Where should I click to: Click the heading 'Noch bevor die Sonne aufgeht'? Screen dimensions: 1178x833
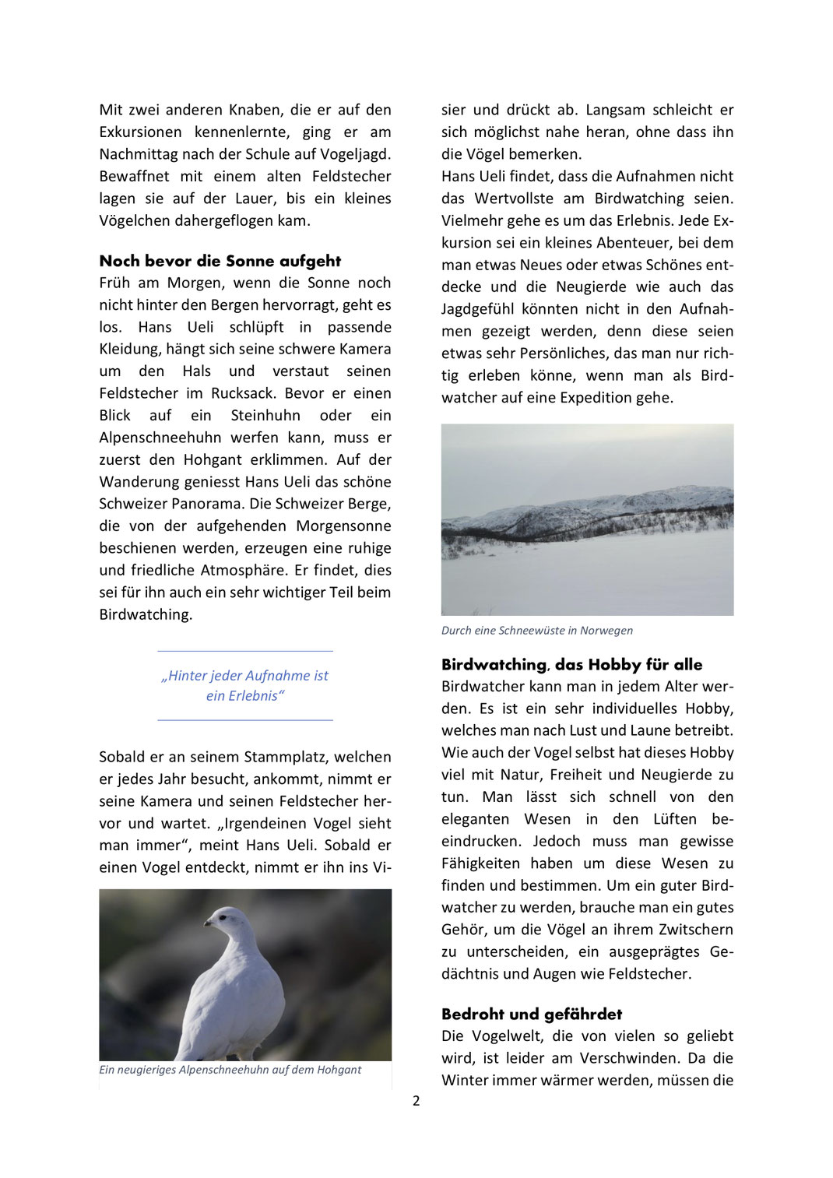(220, 261)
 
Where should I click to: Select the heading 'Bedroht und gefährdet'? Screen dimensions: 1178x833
(531, 1014)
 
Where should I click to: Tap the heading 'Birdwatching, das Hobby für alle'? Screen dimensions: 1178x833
(571, 664)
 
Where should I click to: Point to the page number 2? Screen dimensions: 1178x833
(416, 1100)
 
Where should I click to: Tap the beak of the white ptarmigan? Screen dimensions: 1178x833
(207, 923)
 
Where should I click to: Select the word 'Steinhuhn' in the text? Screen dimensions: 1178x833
(267, 415)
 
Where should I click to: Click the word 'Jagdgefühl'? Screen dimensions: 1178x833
(480, 309)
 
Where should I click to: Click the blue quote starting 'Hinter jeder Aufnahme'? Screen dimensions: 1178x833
(244, 685)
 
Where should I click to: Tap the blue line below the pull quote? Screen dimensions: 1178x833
(244, 720)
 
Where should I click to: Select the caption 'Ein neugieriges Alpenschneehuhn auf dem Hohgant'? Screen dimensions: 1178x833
(230, 1070)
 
